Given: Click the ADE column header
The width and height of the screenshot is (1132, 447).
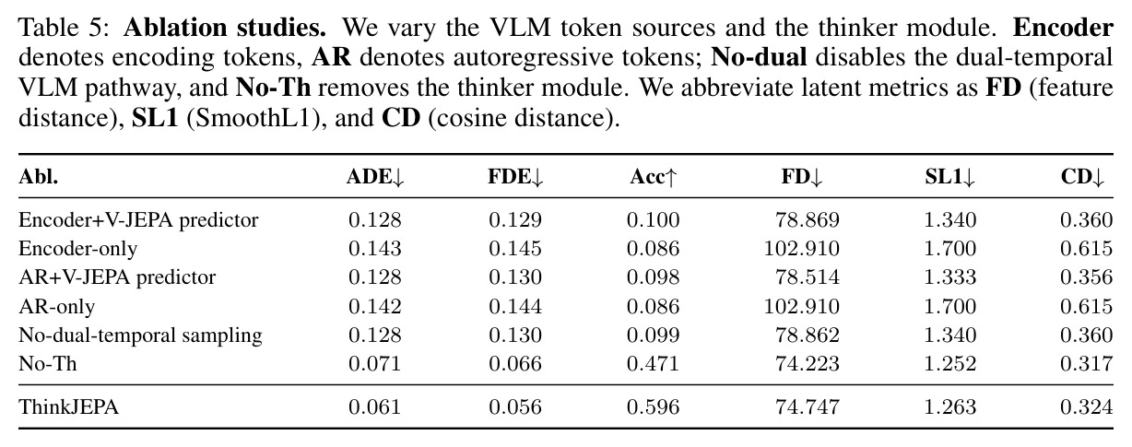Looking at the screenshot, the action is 375,177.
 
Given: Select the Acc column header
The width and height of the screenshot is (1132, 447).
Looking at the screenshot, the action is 653,177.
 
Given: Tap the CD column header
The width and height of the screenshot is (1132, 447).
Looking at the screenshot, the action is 1082,177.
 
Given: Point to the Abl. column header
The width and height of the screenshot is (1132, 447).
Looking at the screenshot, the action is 39,177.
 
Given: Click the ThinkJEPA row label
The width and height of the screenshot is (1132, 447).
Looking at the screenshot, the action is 69,407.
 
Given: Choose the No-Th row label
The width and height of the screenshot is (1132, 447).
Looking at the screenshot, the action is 48,364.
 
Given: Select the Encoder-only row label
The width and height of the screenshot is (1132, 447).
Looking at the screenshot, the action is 77,249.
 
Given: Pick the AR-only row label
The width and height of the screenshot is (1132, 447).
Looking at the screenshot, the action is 56,307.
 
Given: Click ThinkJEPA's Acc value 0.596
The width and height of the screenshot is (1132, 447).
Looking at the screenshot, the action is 653,407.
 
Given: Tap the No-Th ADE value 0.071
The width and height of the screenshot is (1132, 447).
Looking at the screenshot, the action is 374,364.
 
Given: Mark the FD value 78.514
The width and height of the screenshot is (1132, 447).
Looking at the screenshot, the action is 807,277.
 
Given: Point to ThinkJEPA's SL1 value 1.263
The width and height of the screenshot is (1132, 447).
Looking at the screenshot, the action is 950,407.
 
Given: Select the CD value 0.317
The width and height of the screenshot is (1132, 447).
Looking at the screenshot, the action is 1087,364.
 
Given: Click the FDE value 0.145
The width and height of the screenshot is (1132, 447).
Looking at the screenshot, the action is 515,249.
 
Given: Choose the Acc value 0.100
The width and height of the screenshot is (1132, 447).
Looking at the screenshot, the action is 653,219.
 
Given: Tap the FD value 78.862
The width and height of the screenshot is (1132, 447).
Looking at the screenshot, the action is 807,335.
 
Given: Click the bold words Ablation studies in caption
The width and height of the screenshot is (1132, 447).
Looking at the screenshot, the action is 225,28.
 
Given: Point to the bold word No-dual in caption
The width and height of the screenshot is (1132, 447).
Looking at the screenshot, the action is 759,57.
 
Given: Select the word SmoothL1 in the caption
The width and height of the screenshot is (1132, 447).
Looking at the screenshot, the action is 253,118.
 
